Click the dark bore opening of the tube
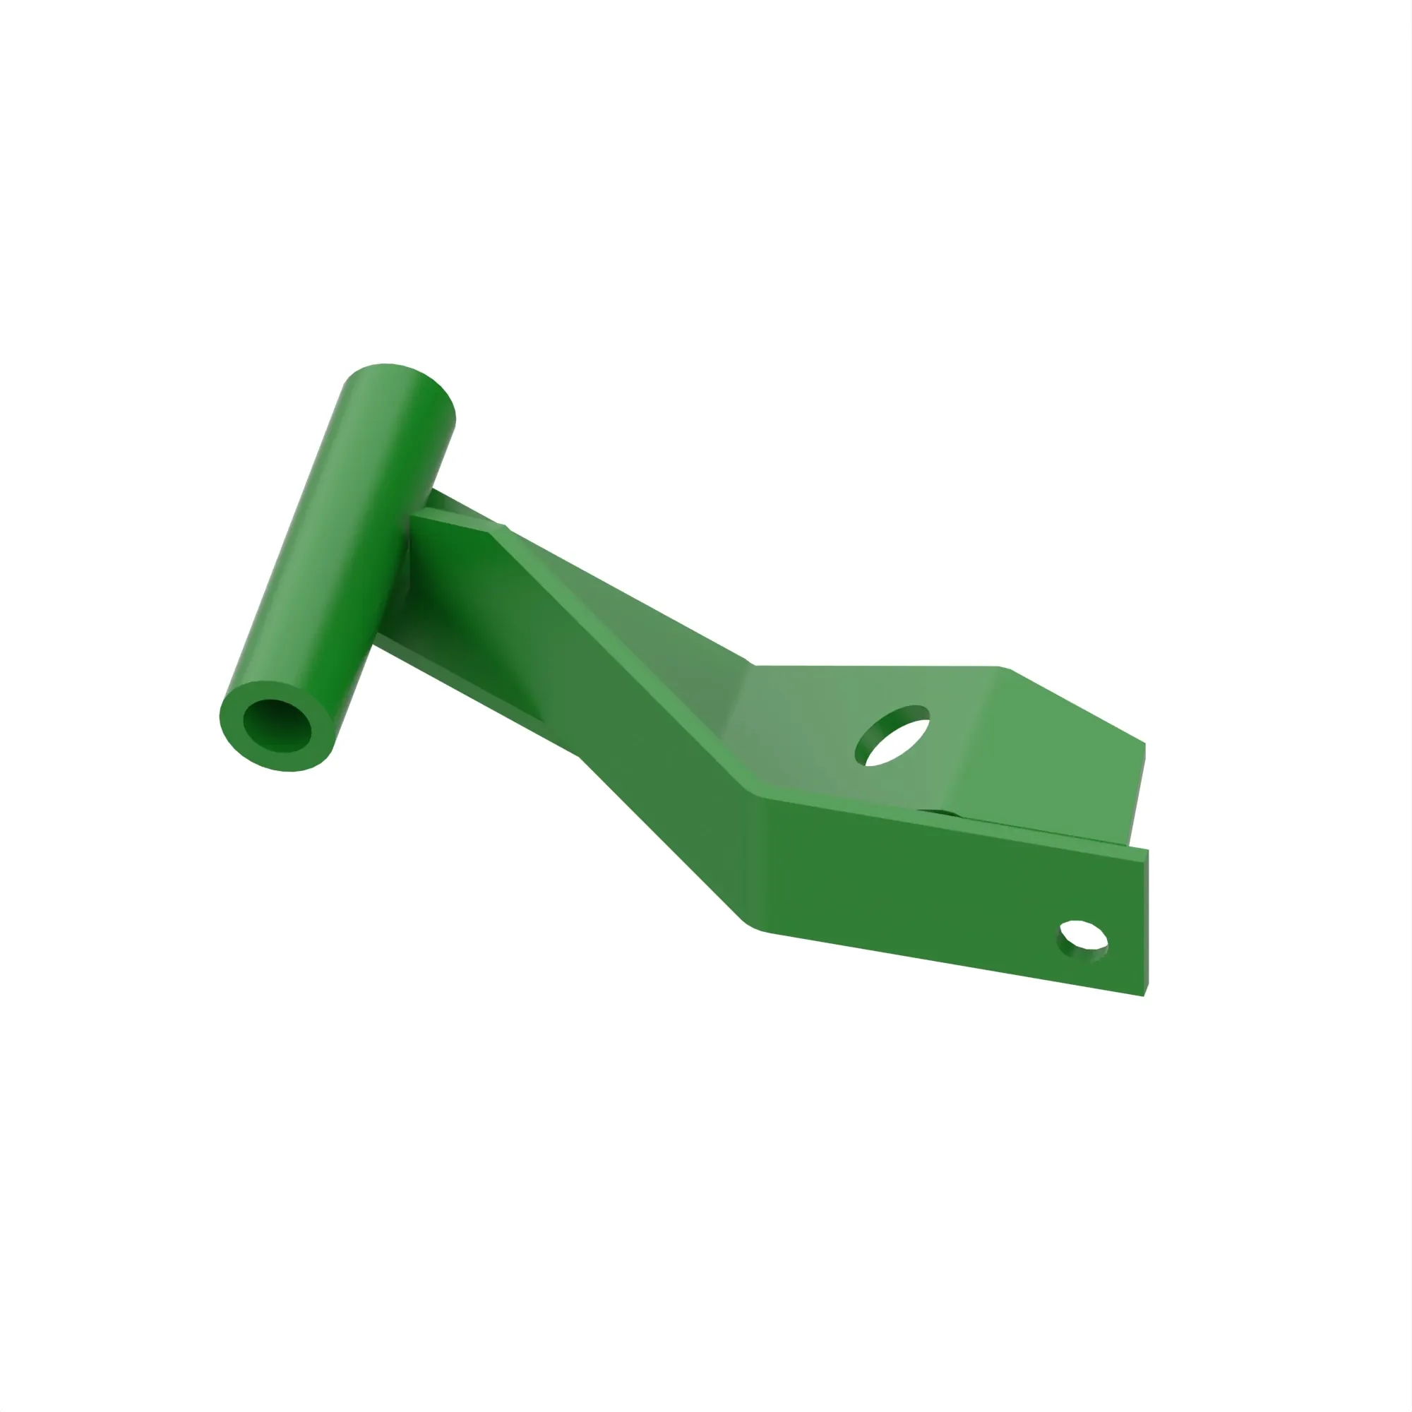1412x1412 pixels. coord(277,725)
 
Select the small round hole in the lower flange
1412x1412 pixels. coord(1082,940)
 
